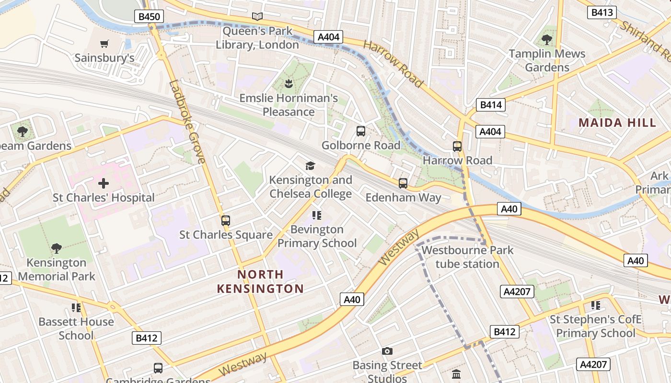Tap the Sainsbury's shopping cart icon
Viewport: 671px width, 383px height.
[x=104, y=44]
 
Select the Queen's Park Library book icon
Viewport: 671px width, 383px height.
[x=257, y=17]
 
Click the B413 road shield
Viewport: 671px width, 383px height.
[x=602, y=12]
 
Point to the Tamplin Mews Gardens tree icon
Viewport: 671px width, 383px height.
[x=547, y=40]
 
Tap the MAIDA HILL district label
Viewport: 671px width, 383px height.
[x=617, y=123]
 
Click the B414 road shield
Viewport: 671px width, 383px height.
[x=491, y=105]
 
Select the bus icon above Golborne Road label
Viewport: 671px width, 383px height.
[x=361, y=131]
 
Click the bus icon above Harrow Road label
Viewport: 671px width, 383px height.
[x=457, y=146]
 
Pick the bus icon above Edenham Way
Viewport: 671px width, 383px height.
[x=403, y=183]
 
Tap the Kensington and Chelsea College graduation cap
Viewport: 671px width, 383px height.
[x=311, y=166]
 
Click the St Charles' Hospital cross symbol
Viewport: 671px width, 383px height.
[x=104, y=183]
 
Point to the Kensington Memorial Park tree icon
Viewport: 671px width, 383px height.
[x=57, y=248]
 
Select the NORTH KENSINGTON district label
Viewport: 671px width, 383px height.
[x=260, y=282]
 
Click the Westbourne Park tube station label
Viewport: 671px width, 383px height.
[x=467, y=257]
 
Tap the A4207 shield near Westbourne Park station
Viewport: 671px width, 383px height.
[x=517, y=292]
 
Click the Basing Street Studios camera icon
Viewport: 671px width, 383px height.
[x=387, y=351]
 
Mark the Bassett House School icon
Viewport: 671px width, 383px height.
[x=76, y=307]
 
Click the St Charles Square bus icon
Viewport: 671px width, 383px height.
[x=226, y=221]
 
